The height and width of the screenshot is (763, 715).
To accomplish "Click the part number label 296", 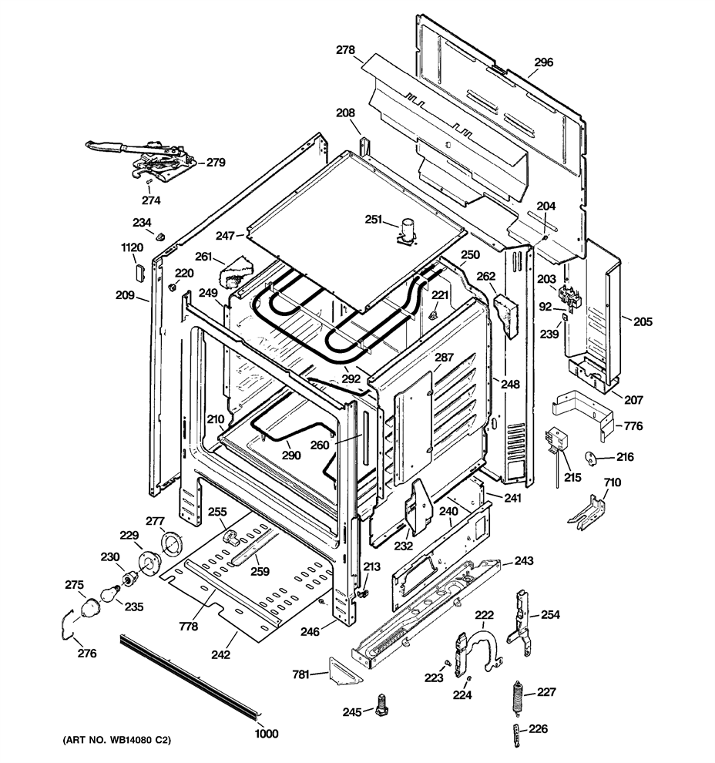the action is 543,62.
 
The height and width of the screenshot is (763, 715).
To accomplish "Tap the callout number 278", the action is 345,49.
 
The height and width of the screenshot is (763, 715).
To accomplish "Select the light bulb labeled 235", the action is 109,595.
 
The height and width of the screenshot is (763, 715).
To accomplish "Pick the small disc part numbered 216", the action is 591,458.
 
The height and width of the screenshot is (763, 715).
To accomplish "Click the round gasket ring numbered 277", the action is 171,543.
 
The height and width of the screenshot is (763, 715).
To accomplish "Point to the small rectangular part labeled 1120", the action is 139,271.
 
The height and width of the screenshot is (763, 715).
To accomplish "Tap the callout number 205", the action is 643,321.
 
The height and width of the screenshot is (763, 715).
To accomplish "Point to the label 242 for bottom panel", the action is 220,654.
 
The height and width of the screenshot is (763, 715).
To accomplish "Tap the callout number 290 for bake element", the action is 291,455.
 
